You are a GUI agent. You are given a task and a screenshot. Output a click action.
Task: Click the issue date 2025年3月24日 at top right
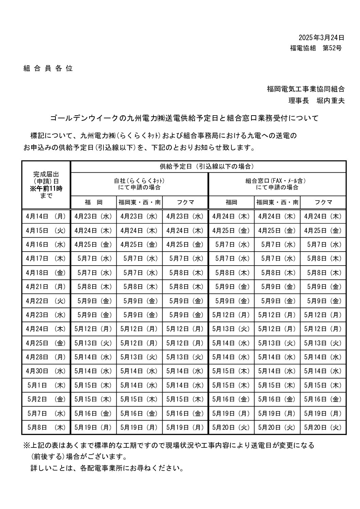click(321, 37)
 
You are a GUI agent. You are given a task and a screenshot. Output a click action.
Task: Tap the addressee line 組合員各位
click(48, 68)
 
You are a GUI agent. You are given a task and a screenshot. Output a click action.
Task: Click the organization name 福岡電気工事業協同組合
click(306, 89)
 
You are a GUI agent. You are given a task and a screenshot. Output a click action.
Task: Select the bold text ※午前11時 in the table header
click(46, 188)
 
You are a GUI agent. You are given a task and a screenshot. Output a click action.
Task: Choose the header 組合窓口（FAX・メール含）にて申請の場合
click(277, 184)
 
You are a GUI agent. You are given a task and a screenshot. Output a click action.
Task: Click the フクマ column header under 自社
click(185, 202)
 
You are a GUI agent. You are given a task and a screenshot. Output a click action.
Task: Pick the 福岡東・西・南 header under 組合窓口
click(277, 202)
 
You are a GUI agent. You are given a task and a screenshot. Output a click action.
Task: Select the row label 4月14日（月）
click(46, 216)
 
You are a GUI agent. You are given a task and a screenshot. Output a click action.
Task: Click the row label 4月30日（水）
click(46, 371)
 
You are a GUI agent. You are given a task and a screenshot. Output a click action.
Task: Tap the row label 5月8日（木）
click(46, 427)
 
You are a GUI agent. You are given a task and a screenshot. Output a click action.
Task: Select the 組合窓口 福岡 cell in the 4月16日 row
click(231, 244)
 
